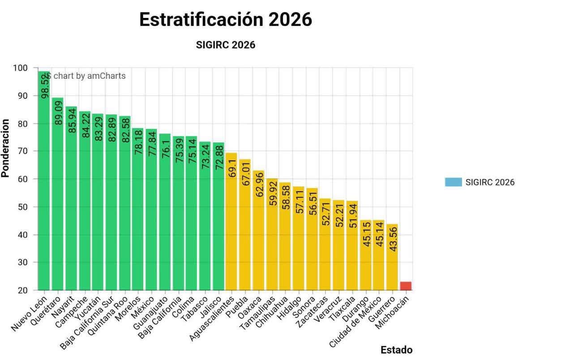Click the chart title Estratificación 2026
(x=226, y=19)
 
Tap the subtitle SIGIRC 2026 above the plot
(x=226, y=45)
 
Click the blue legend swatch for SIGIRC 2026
(x=453, y=182)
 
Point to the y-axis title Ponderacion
(x=5, y=148)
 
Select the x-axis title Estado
(x=397, y=350)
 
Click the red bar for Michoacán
(x=406, y=286)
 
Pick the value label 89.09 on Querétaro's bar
(x=59, y=113)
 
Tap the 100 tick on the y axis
(x=20, y=68)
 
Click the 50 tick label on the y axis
(x=23, y=207)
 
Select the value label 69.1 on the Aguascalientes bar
(x=232, y=168)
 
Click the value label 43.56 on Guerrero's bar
(x=393, y=239)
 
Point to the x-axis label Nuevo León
(x=29, y=314)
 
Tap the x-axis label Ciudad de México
(x=355, y=322)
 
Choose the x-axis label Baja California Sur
(x=87, y=323)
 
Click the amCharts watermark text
(x=85, y=76)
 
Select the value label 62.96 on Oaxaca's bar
(x=259, y=185)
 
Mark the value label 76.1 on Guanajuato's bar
(x=166, y=149)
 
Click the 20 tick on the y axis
(x=23, y=290)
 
